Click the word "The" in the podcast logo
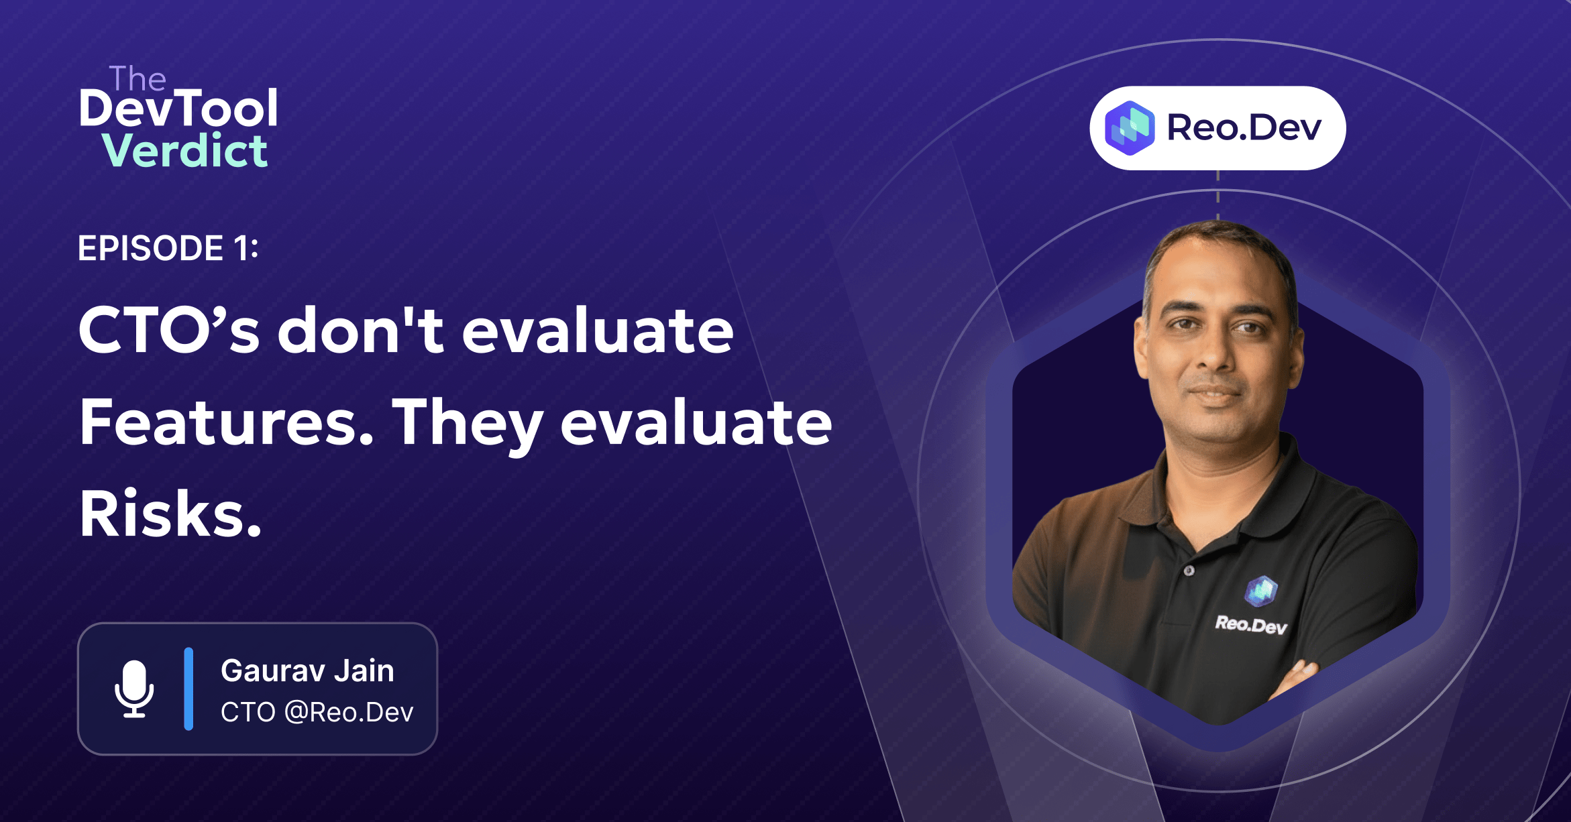[x=138, y=79]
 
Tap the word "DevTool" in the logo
[x=178, y=109]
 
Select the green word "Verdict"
[x=185, y=151]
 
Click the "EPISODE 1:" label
[x=168, y=249]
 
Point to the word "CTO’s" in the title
[x=168, y=330]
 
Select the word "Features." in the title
[x=226, y=422]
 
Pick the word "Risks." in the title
[x=170, y=514]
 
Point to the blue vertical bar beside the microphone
[x=188, y=689]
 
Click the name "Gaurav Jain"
[x=307, y=670]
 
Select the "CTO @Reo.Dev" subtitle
[x=317, y=712]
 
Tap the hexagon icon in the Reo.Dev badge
[x=1130, y=128]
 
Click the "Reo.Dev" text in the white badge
[x=1244, y=127]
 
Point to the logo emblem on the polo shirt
[x=1261, y=591]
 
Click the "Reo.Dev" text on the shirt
[x=1251, y=625]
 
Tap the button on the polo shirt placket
[x=1189, y=571]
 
